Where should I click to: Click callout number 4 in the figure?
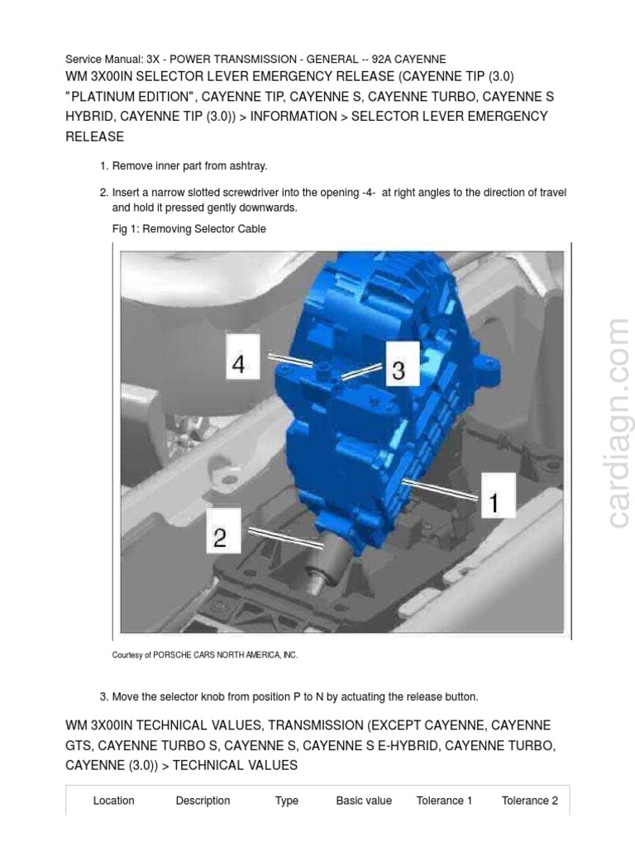(239, 364)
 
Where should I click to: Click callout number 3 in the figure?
(399, 371)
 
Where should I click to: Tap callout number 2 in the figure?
(220, 538)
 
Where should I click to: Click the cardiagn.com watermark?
(618, 423)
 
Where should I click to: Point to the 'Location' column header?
(113, 800)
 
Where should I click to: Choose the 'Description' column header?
(203, 800)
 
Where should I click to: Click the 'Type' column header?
(287, 800)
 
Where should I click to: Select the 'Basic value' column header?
(364, 800)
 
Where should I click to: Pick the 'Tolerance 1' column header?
(444, 800)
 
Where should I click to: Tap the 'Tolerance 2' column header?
(529, 800)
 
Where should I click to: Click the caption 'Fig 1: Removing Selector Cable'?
(189, 228)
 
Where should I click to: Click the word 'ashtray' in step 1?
(247, 166)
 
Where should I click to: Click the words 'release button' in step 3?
(442, 696)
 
